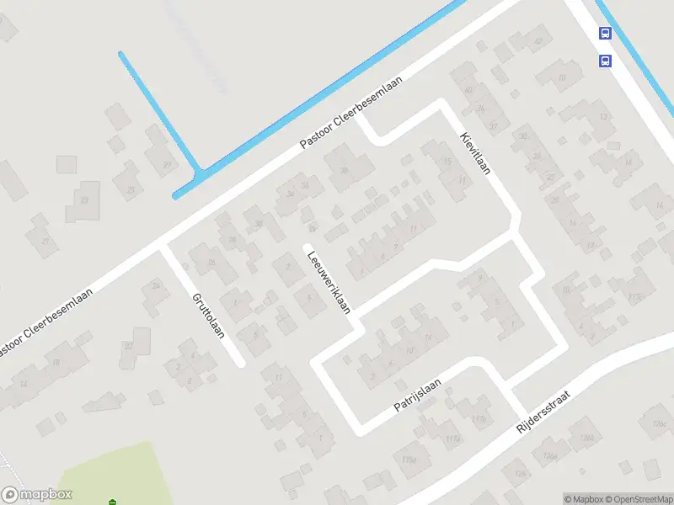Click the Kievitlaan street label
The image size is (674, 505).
click(x=475, y=154)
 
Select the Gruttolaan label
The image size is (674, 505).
click(x=208, y=315)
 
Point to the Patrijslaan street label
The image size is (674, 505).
click(x=417, y=395)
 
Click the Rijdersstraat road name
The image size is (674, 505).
click(x=547, y=417)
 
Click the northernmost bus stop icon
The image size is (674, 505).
click(x=605, y=34)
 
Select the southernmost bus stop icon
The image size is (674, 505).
click(x=605, y=61)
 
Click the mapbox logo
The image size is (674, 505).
click(x=36, y=495)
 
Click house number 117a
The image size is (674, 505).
click(x=453, y=439)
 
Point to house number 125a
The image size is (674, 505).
click(x=409, y=460)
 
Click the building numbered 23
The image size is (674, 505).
click(x=83, y=199)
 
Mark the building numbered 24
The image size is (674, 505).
click(x=155, y=286)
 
